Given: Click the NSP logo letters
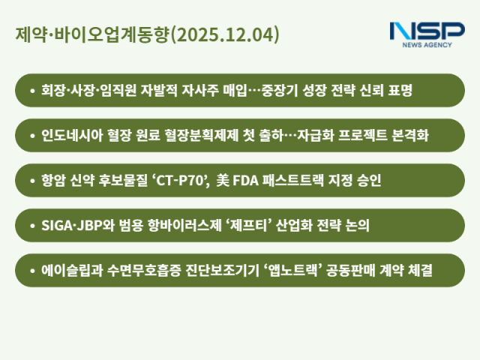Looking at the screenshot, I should tap(427, 32).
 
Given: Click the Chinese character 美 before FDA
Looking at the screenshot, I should tap(223, 181).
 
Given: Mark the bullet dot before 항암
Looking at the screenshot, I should tap(31, 181).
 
